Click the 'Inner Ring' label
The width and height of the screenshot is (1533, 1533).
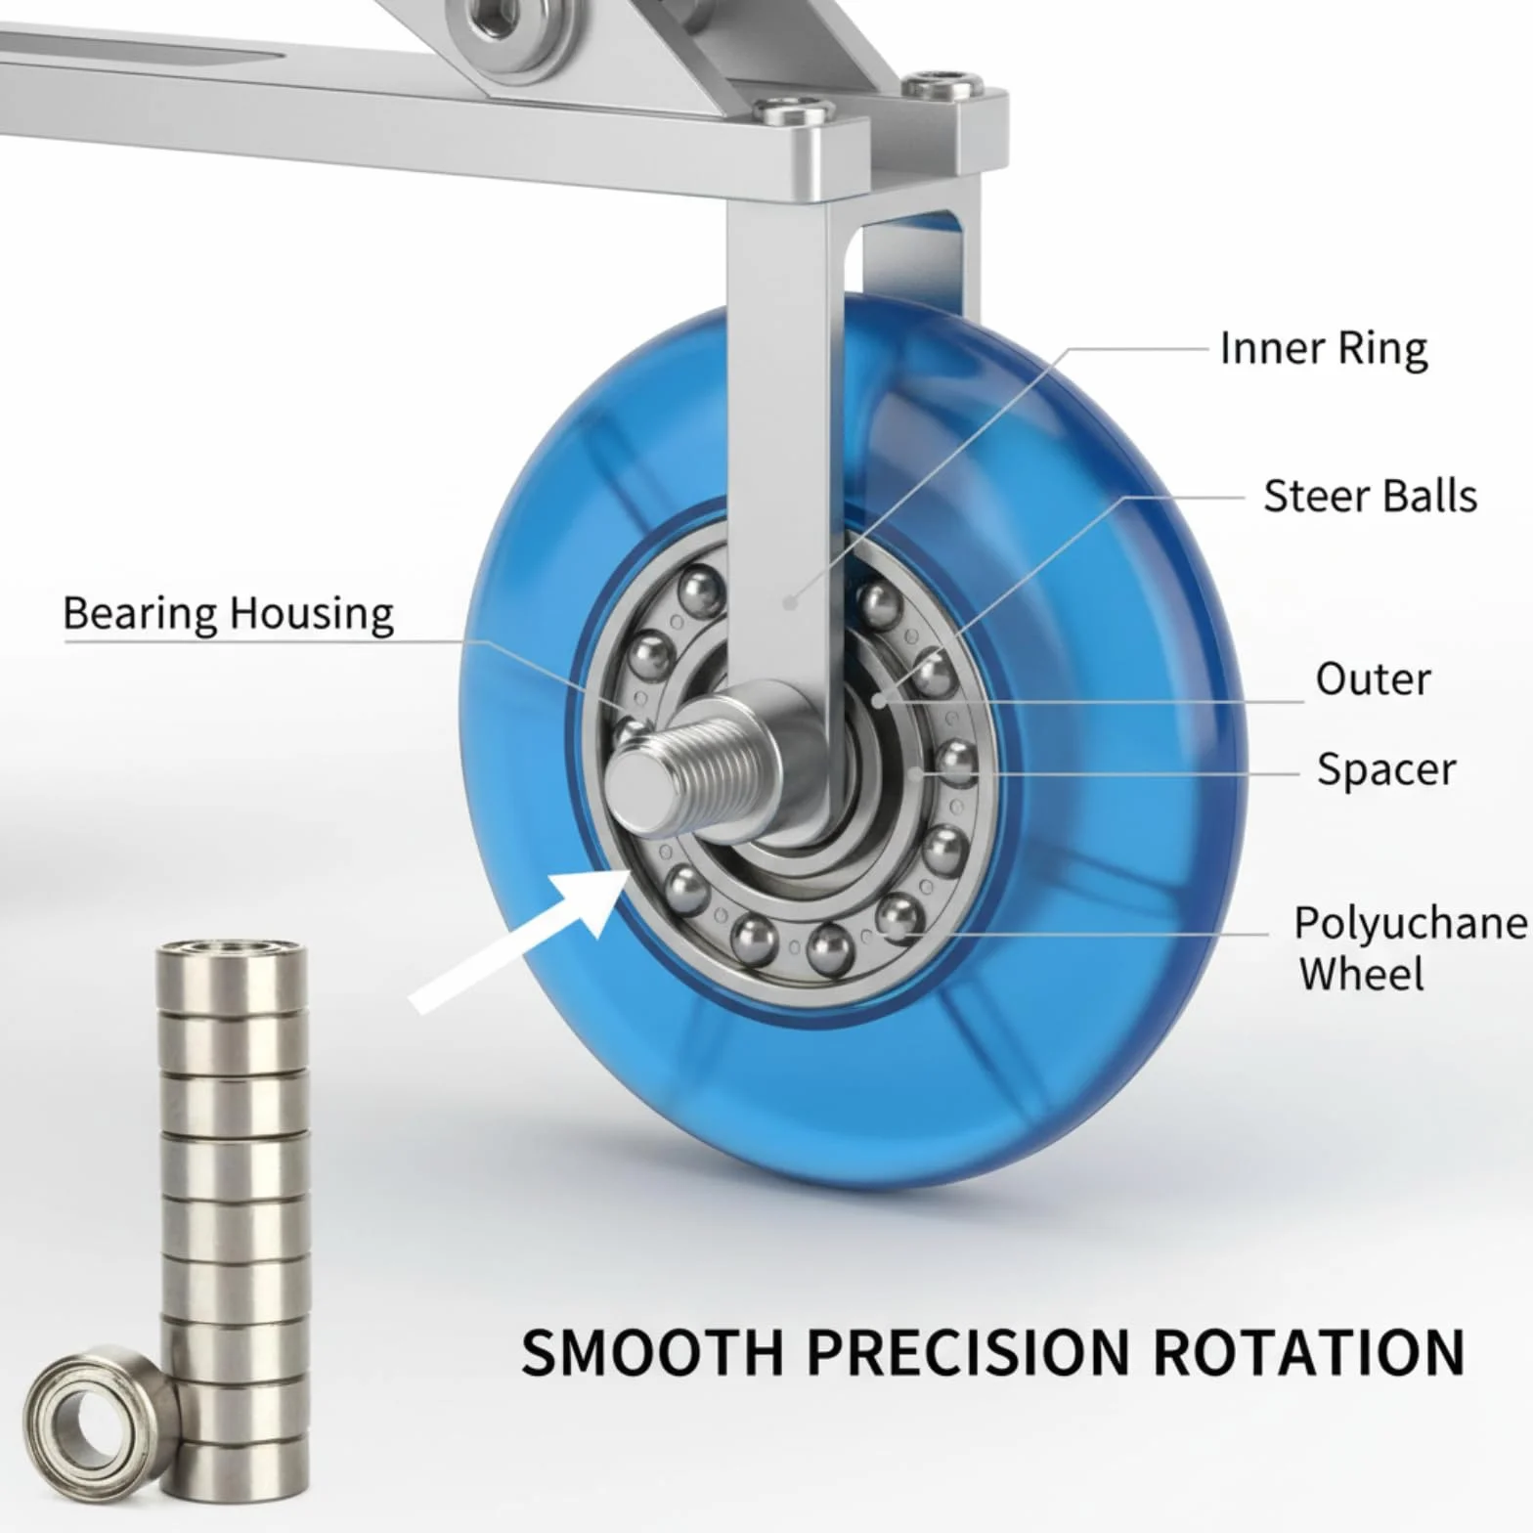pyautogui.click(x=1324, y=349)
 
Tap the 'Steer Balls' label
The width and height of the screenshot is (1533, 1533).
pyautogui.click(x=1370, y=496)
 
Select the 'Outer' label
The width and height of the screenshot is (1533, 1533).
pyautogui.click(x=1373, y=679)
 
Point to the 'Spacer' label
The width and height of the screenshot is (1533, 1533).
pyautogui.click(x=1386, y=769)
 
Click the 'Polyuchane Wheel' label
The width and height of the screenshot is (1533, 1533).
pyautogui.click(x=1410, y=948)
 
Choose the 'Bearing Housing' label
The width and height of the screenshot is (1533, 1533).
pyautogui.click(x=228, y=614)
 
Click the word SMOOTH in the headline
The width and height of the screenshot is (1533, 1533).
pyautogui.click(x=652, y=1352)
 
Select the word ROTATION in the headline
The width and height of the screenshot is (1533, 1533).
pyautogui.click(x=1309, y=1352)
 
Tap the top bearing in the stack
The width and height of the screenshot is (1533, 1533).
pyautogui.click(x=232, y=974)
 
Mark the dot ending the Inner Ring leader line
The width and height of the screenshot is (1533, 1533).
pyautogui.click(x=790, y=603)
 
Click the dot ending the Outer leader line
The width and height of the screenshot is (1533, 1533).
pyautogui.click(x=879, y=701)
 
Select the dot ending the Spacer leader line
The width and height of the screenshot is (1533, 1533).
pyautogui.click(x=913, y=774)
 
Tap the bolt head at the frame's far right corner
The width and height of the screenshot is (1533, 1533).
pyautogui.click(x=940, y=86)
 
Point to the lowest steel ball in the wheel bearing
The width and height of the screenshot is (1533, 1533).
pyautogui.click(x=829, y=948)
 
